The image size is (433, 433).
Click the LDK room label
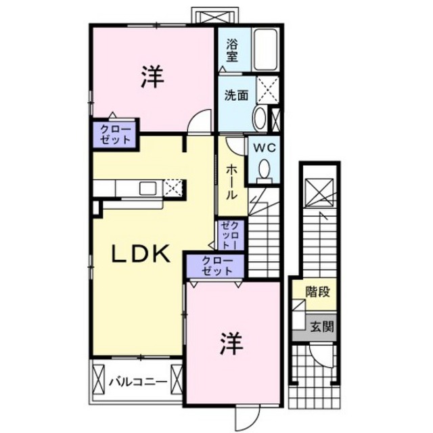[140, 254]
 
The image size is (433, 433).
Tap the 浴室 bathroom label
[232, 50]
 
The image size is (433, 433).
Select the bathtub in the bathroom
[266, 50]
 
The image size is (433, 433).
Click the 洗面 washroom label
[236, 95]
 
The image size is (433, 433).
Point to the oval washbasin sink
[260, 118]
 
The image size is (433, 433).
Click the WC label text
[265, 148]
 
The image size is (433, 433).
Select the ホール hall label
[231, 183]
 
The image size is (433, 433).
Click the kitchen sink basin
[147, 189]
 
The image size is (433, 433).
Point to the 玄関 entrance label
[322, 327]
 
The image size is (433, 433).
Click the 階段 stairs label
[318, 292]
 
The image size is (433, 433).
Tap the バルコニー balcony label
[138, 382]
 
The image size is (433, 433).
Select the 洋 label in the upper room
[153, 76]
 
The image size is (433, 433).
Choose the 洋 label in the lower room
[231, 343]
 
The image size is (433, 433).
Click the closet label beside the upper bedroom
[115, 134]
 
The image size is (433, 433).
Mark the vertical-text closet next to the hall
[230, 235]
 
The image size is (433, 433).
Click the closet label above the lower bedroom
[217, 266]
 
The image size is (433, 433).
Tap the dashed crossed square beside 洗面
[268, 90]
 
